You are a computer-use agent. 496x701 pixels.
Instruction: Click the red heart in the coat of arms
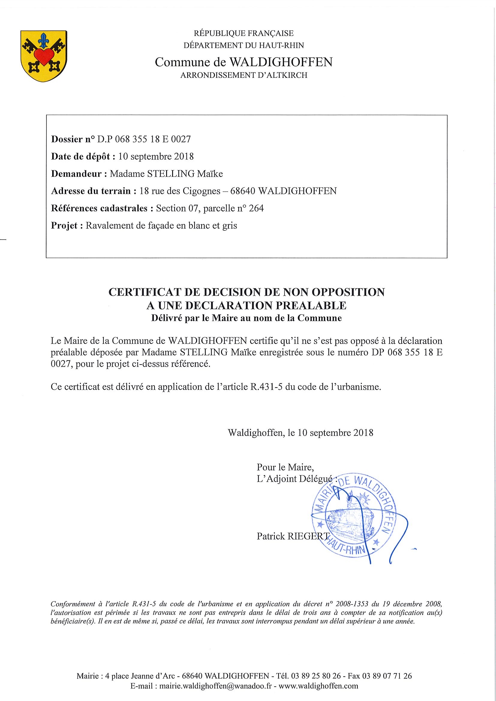[44, 57]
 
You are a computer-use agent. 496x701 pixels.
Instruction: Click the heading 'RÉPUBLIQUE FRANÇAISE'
[244, 33]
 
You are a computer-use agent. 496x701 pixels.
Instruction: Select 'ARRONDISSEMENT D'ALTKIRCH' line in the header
[244, 75]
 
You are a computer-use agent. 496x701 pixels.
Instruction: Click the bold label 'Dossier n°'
[73, 140]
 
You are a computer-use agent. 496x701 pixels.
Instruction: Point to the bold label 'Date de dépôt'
[83, 157]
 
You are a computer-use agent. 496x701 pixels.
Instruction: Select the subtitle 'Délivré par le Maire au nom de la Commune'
[246, 318]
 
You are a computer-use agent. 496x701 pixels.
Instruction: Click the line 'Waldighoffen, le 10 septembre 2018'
[300, 433]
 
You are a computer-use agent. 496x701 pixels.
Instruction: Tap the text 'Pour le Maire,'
[285, 467]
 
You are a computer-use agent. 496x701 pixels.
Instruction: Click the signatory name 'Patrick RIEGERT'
[293, 536]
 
